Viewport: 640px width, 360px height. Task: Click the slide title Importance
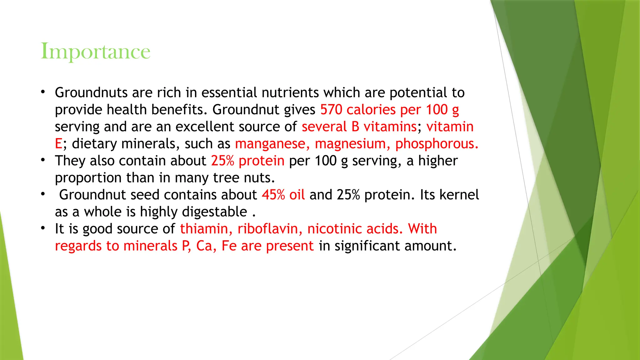tap(95, 52)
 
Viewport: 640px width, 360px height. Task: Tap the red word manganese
tap(272, 144)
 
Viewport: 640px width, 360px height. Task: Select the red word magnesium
tap(352, 144)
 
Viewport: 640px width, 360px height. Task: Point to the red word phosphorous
tap(437, 144)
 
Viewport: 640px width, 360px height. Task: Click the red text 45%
tap(273, 195)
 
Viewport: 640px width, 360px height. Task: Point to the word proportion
tap(88, 178)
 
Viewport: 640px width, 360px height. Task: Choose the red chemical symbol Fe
tap(229, 246)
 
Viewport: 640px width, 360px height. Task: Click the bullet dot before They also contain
tap(43, 160)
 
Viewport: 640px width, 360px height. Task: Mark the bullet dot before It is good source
tap(43, 228)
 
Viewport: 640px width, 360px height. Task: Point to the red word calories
tap(371, 110)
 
